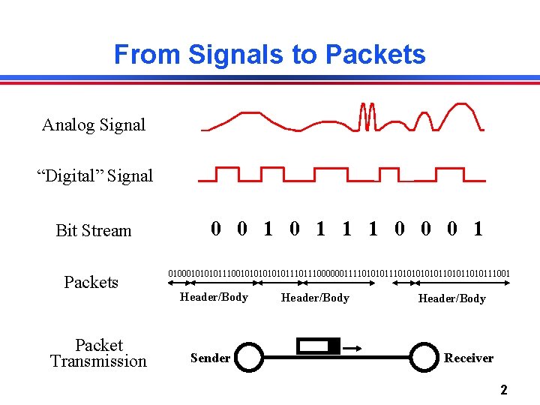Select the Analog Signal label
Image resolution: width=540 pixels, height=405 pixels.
pyautogui.click(x=94, y=125)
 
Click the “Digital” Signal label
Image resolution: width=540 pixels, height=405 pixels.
pyautogui.click(x=95, y=176)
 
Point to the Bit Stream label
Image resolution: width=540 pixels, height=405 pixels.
pyautogui.click(x=93, y=231)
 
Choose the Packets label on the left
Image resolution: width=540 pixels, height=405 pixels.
pyautogui.click(x=91, y=283)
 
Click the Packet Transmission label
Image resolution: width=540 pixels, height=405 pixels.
pyautogui.click(x=98, y=353)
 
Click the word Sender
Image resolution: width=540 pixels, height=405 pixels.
pyautogui.click(x=211, y=358)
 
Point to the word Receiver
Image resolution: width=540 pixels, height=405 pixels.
pyautogui.click(x=469, y=358)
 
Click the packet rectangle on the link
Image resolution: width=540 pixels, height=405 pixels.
pyautogui.click(x=318, y=346)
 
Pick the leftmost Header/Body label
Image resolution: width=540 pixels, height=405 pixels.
pyautogui.click(x=214, y=298)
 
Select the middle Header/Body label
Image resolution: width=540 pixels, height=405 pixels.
pyautogui.click(x=315, y=298)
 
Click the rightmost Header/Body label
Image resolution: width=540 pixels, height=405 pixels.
pyautogui.click(x=451, y=298)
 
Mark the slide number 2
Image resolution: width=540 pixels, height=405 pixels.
pyautogui.click(x=504, y=390)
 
